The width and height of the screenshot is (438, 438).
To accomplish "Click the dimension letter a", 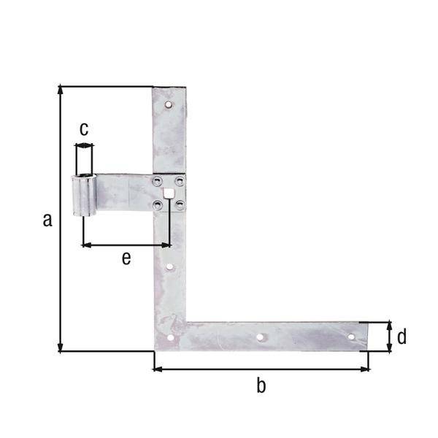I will (47, 220).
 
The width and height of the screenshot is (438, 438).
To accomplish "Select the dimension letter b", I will (261, 386).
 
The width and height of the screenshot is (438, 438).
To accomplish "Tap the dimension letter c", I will (84, 129).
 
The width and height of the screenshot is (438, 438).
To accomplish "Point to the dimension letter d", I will (401, 337).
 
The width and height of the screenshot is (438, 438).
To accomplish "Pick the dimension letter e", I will (126, 258).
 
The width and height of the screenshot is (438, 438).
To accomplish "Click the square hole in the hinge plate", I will (169, 193).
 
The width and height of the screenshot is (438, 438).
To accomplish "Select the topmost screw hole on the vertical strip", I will (169, 105).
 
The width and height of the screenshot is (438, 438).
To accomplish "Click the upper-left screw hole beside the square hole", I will (157, 180).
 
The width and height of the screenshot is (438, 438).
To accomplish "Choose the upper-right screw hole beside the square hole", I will (180, 180).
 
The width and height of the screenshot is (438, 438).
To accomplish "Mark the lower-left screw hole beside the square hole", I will (157, 205).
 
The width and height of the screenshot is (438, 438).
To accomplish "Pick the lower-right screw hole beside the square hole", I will (180, 205).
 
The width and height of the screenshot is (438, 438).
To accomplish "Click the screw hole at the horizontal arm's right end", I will (351, 337).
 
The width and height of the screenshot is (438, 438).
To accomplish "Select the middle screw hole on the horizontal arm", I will (260, 338).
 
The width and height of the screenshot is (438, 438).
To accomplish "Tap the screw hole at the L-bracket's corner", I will (170, 337).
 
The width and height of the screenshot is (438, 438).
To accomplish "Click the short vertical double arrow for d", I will (389, 337).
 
